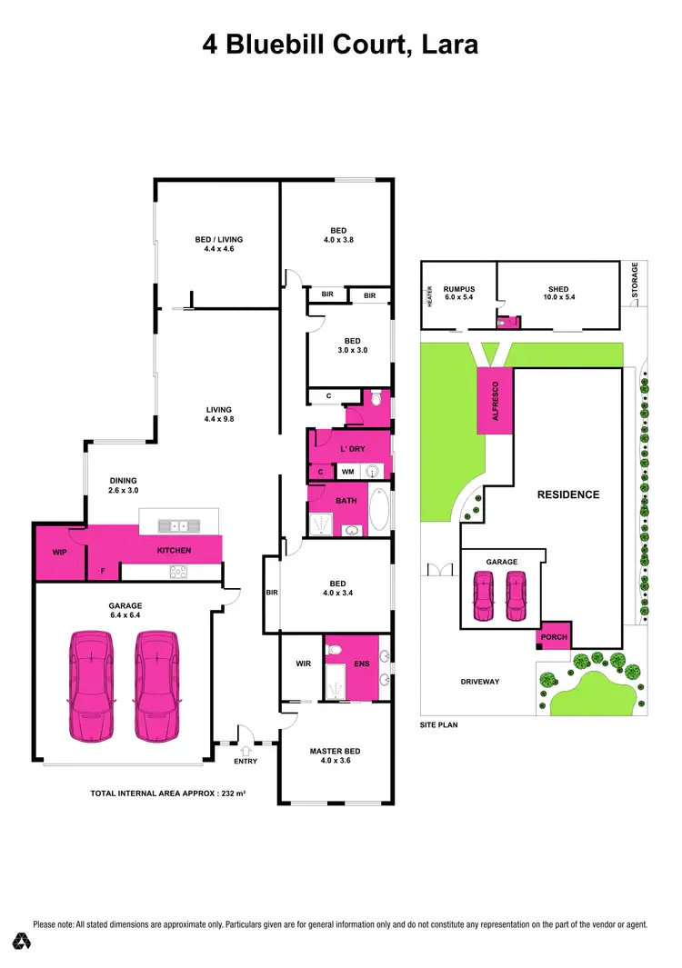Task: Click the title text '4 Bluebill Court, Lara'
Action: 340,43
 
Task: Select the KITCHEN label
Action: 173,552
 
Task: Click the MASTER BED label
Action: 335,751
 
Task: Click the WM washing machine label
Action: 347,472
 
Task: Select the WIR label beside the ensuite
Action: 303,664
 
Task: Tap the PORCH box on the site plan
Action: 554,637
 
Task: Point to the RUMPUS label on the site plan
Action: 459,289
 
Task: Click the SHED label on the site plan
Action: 558,289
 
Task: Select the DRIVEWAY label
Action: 478,681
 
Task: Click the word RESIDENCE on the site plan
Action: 567,494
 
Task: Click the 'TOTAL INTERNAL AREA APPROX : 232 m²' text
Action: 169,793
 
